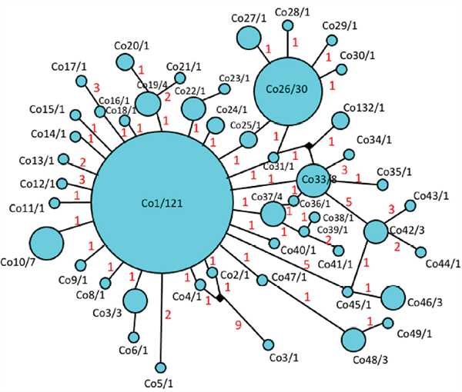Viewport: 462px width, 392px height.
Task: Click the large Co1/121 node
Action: (x=162, y=203)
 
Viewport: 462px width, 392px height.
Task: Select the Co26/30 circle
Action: (x=287, y=91)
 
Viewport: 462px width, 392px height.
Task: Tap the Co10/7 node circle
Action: (x=46, y=243)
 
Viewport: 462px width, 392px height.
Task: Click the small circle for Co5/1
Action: (x=161, y=367)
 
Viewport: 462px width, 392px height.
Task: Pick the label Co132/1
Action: (x=364, y=108)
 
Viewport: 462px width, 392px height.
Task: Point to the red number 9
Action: (x=238, y=325)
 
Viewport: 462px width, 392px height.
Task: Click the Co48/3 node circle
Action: (x=353, y=340)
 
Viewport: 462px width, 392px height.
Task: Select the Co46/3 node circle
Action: (x=393, y=297)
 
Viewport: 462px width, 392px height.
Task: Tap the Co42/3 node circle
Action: (x=376, y=231)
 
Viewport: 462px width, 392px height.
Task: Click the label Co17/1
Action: (x=69, y=66)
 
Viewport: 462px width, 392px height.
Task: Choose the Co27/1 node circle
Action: (x=249, y=38)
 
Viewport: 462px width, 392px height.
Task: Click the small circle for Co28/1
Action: (x=287, y=25)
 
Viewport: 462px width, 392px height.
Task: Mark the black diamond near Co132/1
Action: (x=309, y=145)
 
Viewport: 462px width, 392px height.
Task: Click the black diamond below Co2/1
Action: (x=219, y=298)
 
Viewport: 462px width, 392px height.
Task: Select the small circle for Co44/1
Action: (x=420, y=252)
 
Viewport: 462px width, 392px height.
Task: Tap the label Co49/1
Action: (x=414, y=334)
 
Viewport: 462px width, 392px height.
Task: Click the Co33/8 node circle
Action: (x=313, y=181)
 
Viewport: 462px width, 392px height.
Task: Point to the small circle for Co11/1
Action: (x=54, y=203)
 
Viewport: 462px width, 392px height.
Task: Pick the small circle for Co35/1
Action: (x=383, y=184)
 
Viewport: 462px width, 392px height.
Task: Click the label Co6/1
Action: (x=133, y=350)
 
